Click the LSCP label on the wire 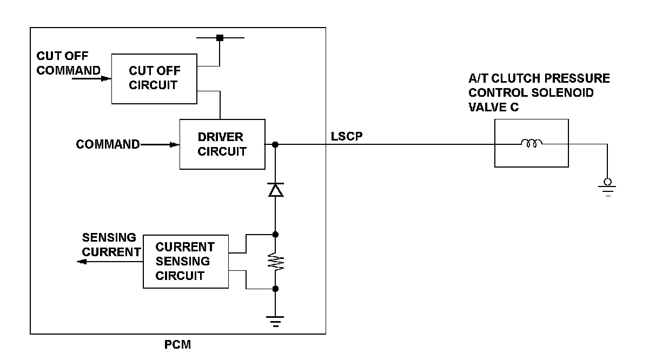pos(347,136)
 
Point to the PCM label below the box pos(177,345)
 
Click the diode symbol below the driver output pos(275,190)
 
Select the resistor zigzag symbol pos(275,262)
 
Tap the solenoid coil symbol pos(531,143)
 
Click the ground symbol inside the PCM pos(275,322)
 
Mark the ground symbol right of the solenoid pos(607,188)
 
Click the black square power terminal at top pos(220,38)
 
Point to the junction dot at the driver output pos(275,144)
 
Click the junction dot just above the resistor pos(275,235)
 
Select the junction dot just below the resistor pos(275,289)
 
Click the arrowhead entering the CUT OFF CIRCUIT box pos(107,78)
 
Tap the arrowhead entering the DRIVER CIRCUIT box pos(174,144)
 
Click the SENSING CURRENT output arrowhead pos(82,262)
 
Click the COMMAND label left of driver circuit pos(108,144)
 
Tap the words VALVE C pos(493,107)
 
